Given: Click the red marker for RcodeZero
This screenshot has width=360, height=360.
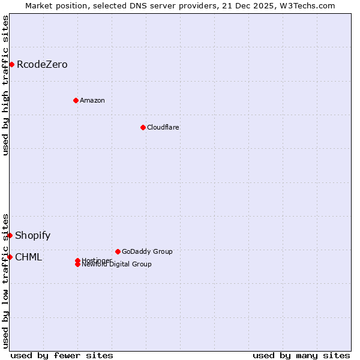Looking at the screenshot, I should click(x=11, y=64).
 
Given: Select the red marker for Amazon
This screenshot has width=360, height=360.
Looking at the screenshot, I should click(x=76, y=100).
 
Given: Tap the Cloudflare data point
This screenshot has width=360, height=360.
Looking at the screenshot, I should click(x=143, y=127).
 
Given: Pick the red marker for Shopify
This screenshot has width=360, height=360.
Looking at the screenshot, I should click(x=10, y=235).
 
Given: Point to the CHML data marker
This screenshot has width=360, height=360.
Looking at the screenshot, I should click(x=10, y=257).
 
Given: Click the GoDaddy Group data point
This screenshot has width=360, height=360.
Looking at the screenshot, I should click(x=118, y=251).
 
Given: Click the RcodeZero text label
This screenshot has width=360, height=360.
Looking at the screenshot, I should click(x=42, y=65).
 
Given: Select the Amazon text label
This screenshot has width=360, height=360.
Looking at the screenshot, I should click(x=92, y=100).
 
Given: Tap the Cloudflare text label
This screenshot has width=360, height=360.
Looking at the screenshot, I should click(x=163, y=127).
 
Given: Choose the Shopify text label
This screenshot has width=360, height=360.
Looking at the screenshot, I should click(x=32, y=236).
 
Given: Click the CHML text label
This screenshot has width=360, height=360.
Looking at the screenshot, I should click(x=28, y=257).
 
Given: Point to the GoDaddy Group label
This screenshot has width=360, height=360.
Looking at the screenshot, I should click(x=147, y=251).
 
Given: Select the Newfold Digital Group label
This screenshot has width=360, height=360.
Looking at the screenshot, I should click(x=116, y=265).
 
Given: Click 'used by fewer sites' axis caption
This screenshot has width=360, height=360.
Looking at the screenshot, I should click(x=62, y=355).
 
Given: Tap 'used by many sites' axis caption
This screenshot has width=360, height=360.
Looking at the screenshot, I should click(x=301, y=355).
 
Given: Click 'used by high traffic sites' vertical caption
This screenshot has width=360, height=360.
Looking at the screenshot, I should click(x=6, y=85).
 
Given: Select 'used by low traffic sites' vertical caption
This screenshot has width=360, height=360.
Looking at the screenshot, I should click(x=6, y=281).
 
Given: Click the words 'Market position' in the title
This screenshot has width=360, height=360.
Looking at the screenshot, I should click(x=54, y=5).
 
